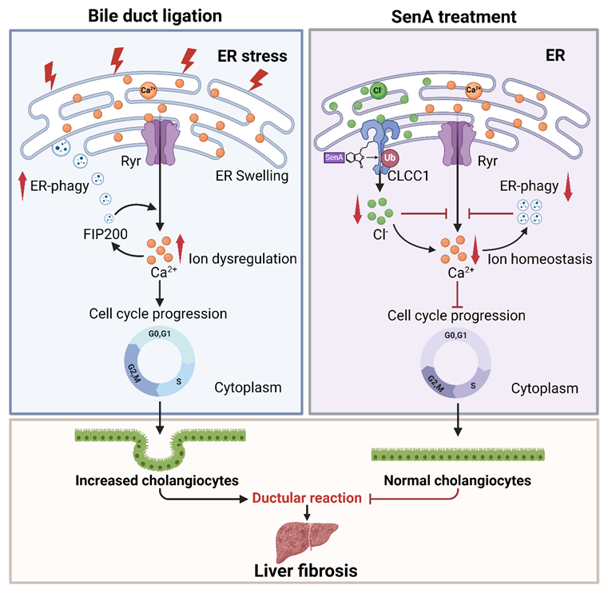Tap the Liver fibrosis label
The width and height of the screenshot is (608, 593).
click(304, 571)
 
